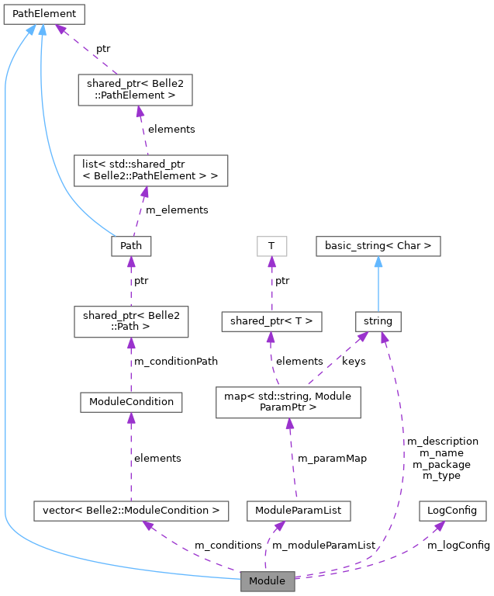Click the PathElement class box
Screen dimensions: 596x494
[43, 14]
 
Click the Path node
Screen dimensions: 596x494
[130, 247]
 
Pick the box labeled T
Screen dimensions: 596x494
[271, 247]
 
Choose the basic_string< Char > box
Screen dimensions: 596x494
[378, 247]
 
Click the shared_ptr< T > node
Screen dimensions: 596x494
[271, 321]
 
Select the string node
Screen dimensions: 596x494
[378, 321]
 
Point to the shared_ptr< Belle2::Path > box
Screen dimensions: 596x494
[130, 321]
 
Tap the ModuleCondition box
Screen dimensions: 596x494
[130, 402]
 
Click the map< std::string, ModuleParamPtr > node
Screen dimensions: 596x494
[288, 402]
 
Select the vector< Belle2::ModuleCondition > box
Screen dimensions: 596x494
[130, 511]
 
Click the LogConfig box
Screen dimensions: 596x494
[453, 511]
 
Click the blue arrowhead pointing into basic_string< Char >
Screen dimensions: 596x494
[378, 262]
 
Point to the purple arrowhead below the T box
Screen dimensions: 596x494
[271, 262]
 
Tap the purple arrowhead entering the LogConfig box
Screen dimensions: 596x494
[439, 525]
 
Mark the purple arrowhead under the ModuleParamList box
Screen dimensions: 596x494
[278, 526]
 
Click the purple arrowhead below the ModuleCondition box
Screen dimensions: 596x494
[130, 418]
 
